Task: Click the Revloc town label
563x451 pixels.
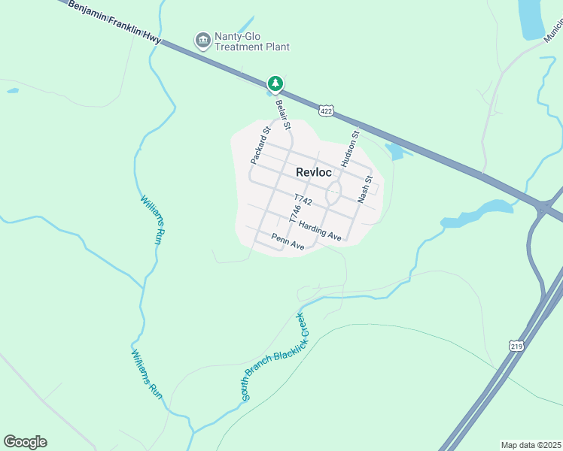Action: [314, 172]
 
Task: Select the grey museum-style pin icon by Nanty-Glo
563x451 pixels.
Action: [202, 39]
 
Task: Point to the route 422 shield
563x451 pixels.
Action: [325, 110]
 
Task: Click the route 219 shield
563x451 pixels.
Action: [515, 346]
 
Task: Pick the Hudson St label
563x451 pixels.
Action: [350, 148]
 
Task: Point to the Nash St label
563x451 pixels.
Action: [366, 189]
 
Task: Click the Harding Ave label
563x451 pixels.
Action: [320, 231]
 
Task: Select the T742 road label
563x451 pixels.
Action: [303, 200]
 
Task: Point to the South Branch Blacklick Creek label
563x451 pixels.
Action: [275, 356]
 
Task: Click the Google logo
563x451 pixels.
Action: [25, 442]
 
